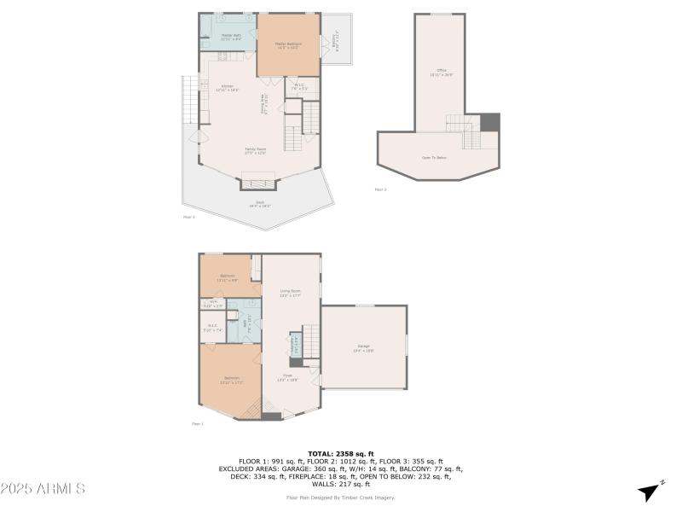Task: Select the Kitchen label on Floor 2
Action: [228, 87]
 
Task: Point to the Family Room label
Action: [256, 152]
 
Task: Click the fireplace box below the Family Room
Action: [259, 180]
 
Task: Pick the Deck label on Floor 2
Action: [259, 203]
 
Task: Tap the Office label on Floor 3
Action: [442, 72]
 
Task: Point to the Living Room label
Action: [291, 293]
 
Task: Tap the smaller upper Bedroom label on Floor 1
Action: [228, 276]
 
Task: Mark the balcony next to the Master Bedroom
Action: [336, 38]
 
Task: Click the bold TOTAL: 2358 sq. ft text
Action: [340, 453]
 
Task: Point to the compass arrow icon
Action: [650, 492]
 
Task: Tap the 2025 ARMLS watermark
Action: [43, 489]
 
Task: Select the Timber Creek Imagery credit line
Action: [340, 496]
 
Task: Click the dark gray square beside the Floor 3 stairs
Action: [490, 122]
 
